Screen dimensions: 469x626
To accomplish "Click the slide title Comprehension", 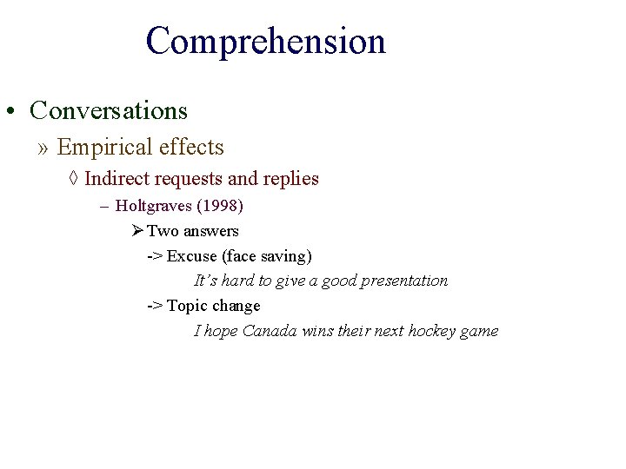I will click(x=265, y=41).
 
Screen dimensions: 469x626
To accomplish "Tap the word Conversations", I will click(x=109, y=110).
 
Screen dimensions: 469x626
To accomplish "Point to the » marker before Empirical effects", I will click(x=43, y=149).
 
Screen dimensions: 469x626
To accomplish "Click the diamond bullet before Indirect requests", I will click(x=74, y=179).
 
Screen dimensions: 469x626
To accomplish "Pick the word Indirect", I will click(x=111, y=179).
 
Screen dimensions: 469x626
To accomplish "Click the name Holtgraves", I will click(x=153, y=206).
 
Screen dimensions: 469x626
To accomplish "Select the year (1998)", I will click(x=219, y=206).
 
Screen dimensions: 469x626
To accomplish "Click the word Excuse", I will click(x=191, y=256).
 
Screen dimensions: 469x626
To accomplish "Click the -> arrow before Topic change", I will click(x=154, y=306).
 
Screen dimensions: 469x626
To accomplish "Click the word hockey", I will click(x=432, y=331).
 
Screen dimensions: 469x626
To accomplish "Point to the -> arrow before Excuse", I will click(x=154, y=256).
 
